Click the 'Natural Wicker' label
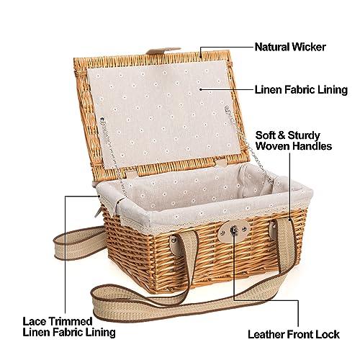290,47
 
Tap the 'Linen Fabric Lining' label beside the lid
301,90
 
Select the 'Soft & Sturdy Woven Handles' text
294,140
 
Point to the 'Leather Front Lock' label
294,334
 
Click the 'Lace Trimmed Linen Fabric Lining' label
69,327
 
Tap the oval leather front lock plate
234,231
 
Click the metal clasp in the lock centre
233,232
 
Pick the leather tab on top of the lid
163,50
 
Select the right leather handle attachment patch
273,229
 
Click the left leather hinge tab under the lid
131,173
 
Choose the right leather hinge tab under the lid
221,162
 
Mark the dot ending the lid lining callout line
201,89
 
